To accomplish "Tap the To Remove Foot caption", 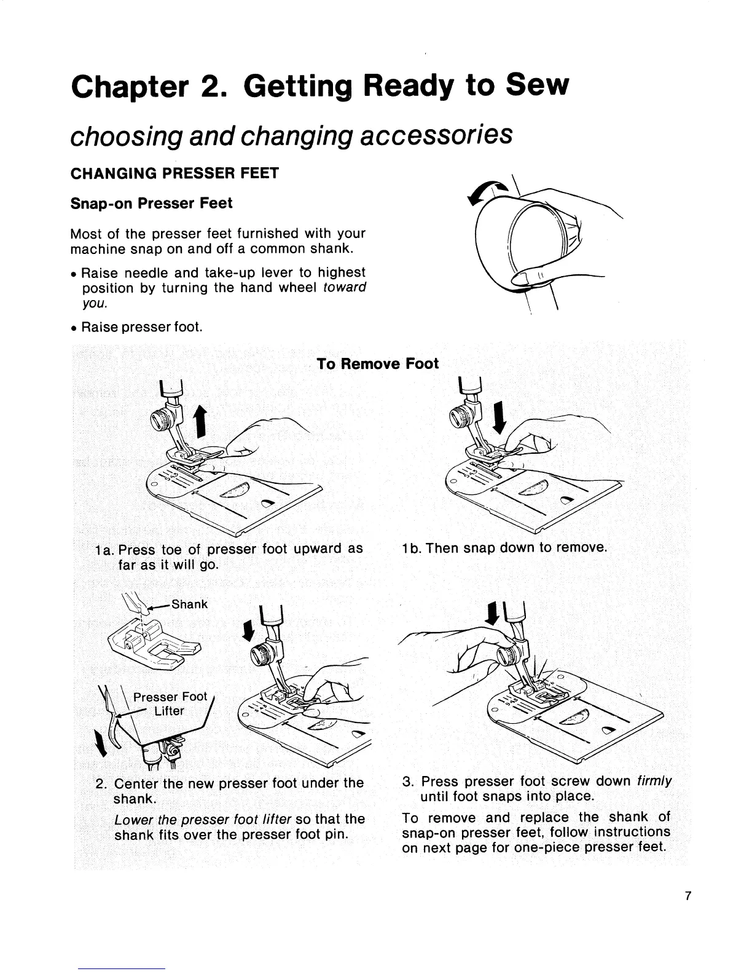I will (378, 364).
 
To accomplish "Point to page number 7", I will (688, 896).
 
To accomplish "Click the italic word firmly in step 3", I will (655, 782).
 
